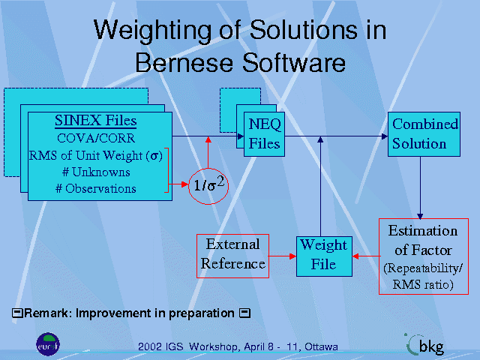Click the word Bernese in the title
[x=185, y=62]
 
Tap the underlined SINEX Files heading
[x=95, y=121]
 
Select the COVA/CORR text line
[x=96, y=138]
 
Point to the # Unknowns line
[x=96, y=172]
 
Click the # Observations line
[x=96, y=188]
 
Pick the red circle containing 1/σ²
[x=208, y=186]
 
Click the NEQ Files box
[x=264, y=134]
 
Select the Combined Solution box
[x=424, y=134]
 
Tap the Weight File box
[x=324, y=256]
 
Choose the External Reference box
[x=232, y=256]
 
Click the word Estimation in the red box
[x=423, y=231]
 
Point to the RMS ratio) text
[x=423, y=284]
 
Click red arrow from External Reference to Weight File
[x=283, y=256]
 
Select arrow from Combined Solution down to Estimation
[x=420, y=188]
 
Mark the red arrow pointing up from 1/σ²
[x=208, y=152]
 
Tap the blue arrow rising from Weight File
[x=320, y=186]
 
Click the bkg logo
[x=425, y=345]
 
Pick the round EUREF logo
[x=48, y=344]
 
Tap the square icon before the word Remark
[x=17, y=313]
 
